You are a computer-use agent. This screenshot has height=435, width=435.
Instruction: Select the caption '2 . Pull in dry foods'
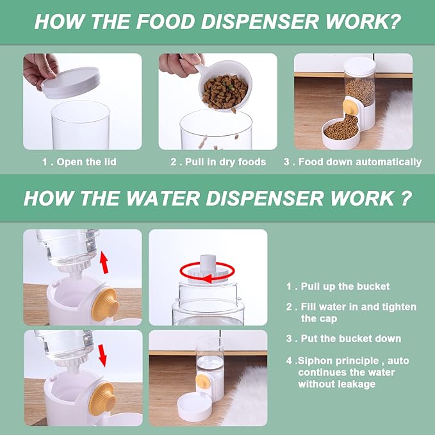(218, 162)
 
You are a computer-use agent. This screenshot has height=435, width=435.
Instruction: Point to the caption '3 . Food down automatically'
(352, 162)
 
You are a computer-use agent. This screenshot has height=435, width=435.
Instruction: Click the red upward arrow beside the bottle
(104, 261)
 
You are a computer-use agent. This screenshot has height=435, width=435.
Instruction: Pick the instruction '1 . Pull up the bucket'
(338, 286)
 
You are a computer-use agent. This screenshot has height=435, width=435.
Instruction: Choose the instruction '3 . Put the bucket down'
(343, 338)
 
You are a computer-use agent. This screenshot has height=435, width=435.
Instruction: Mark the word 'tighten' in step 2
(399, 307)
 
